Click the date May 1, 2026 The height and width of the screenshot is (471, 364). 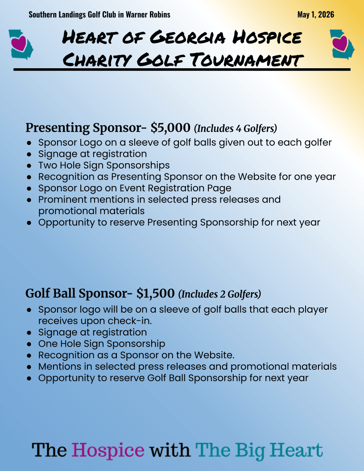315,15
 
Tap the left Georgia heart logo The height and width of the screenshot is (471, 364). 21,44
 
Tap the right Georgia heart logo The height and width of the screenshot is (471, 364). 342,44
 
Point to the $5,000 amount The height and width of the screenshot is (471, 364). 170,128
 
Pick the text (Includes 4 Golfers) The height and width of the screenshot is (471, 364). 236,128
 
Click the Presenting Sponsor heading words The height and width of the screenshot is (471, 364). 83,128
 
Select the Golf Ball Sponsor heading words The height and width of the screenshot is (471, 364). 76,293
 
